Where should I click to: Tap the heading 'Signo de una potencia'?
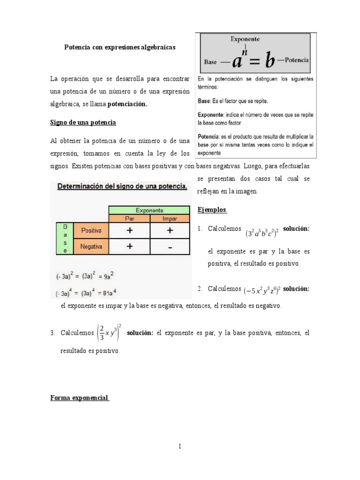(x=83, y=122)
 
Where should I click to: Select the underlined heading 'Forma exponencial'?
(x=80, y=398)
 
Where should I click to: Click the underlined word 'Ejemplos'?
(x=212, y=210)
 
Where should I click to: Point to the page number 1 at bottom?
(x=180, y=446)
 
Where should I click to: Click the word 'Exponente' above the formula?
(x=245, y=39)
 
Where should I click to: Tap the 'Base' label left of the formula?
(x=210, y=61)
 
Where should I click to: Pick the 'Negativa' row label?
(x=91, y=246)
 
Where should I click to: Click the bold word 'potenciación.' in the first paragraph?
(x=127, y=105)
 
